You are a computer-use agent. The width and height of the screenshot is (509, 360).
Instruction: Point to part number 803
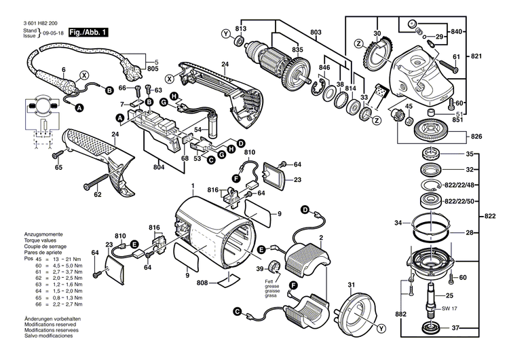pyautogui.click(x=316, y=33)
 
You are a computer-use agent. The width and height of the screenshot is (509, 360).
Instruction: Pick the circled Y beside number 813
pyautogui.click(x=225, y=33)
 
